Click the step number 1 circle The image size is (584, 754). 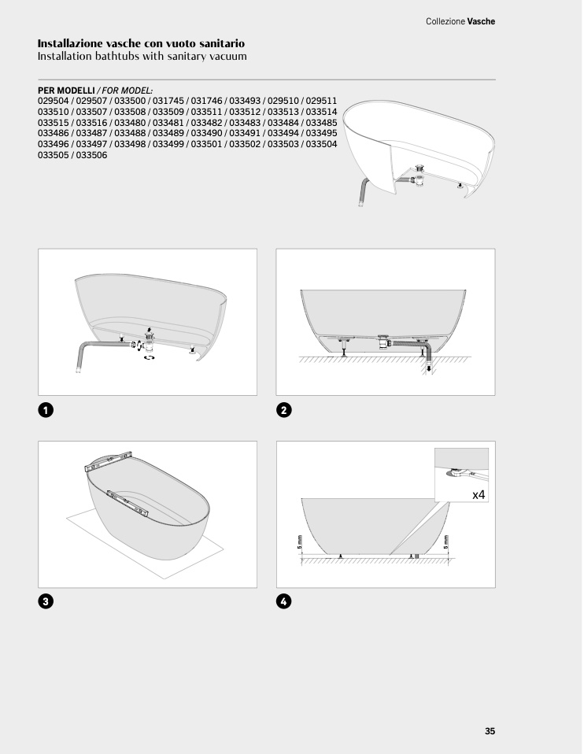pyautogui.click(x=46, y=410)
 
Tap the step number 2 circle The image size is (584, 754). pyautogui.click(x=284, y=410)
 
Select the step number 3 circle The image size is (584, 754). pyautogui.click(x=46, y=601)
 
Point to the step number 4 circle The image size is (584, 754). pyautogui.click(x=284, y=601)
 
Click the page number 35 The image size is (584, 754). pyautogui.click(x=490, y=731)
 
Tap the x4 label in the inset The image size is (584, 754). pyautogui.click(x=479, y=494)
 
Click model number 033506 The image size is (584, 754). pyautogui.click(x=91, y=155)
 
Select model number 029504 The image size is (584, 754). pyautogui.click(x=54, y=101)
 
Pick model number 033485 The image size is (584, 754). pyautogui.click(x=321, y=123)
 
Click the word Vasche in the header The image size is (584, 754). pyautogui.click(x=481, y=21)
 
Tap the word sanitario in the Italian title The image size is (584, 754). pyautogui.click(x=222, y=43)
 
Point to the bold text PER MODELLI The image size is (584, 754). pyautogui.click(x=66, y=91)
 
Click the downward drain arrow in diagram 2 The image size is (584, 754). pyautogui.click(x=429, y=368)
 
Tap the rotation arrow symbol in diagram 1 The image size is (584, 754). pyautogui.click(x=150, y=357)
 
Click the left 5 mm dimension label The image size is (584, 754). pyautogui.click(x=300, y=542)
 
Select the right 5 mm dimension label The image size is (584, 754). pyautogui.click(x=446, y=542)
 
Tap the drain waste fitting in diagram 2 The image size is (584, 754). pyautogui.click(x=384, y=340)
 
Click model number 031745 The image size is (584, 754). pyautogui.click(x=168, y=101)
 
